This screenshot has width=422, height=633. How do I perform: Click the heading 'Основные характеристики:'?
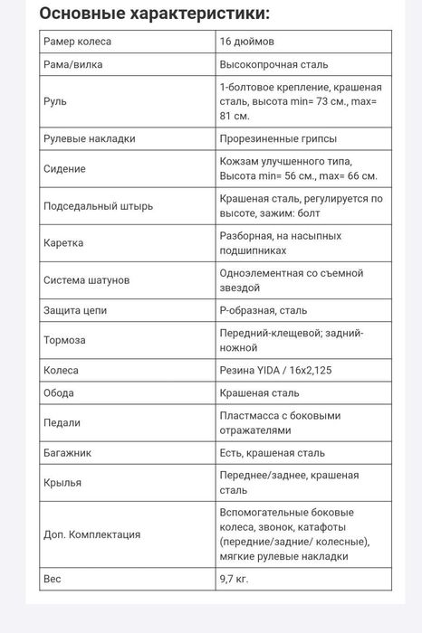point(155,14)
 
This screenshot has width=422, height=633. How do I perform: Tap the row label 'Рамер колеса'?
point(78,42)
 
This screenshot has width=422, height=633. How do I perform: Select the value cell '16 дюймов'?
point(247,42)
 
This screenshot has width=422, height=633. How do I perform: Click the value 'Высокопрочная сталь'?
point(273,65)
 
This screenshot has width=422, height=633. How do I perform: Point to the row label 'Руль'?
point(54,101)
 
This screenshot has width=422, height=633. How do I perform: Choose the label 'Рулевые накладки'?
point(89,138)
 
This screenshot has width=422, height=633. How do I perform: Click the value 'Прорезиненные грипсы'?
point(278,138)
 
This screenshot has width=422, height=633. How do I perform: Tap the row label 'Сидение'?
point(64,168)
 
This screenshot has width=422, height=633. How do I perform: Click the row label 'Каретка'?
point(63,243)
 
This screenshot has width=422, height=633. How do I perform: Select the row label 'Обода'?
point(59,392)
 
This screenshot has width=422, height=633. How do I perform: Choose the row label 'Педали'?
point(62,422)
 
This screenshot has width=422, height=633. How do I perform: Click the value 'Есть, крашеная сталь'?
point(272,452)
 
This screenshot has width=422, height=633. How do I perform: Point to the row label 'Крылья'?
point(62,482)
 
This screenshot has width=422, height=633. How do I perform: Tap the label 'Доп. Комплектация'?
point(91,534)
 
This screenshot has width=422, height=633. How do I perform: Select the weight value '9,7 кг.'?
point(235,578)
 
